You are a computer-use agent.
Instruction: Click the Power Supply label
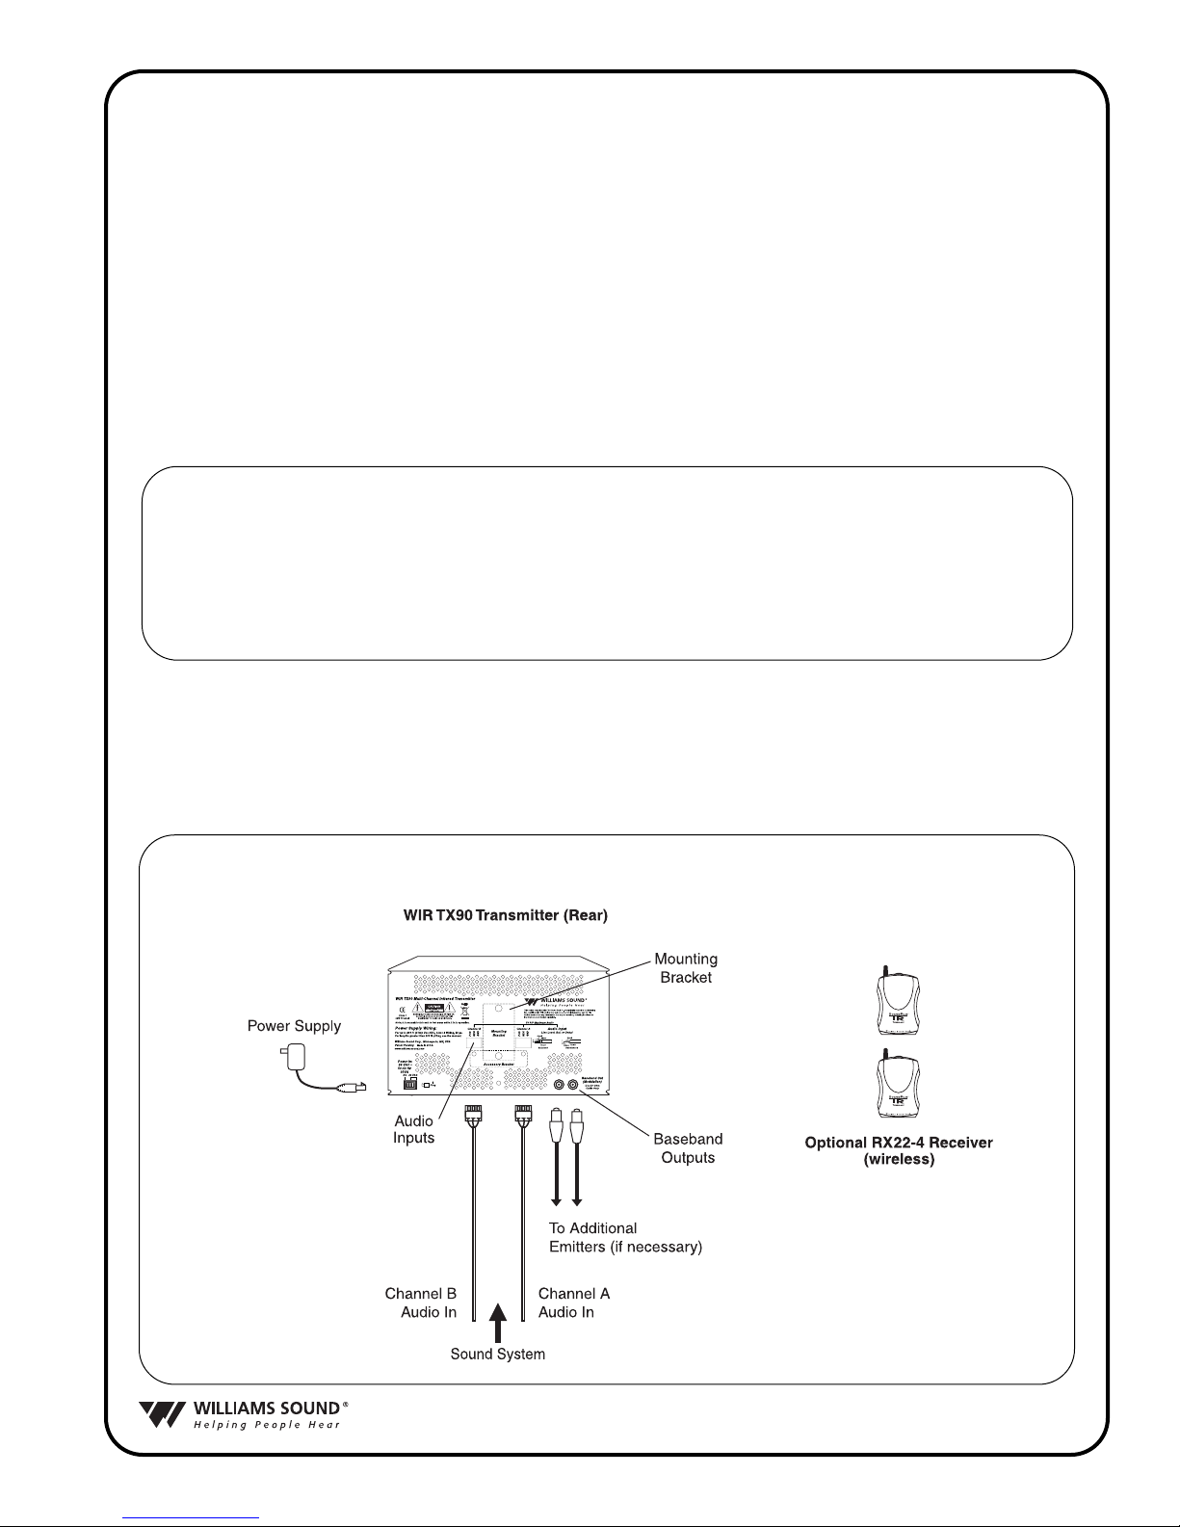coord(294,1026)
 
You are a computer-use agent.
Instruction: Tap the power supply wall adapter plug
coord(293,1057)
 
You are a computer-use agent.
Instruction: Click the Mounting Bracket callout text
coord(686,968)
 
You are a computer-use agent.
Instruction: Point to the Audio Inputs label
coord(413,1130)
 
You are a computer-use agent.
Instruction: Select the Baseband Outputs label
coord(688,1148)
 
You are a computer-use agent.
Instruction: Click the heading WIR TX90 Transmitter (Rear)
coord(506,915)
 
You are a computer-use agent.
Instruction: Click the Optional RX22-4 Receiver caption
coord(899,1143)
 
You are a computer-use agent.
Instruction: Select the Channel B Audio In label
coord(421,1303)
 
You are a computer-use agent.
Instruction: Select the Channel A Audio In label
coord(574,1303)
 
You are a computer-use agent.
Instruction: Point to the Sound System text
coord(498,1355)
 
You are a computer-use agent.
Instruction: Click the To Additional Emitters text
coord(625,1238)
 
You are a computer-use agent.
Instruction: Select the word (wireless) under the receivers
coord(899,1160)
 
